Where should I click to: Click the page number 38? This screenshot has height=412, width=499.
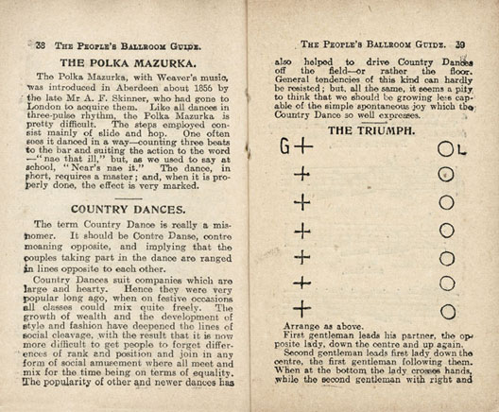click(40, 44)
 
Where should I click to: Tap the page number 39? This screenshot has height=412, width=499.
click(460, 43)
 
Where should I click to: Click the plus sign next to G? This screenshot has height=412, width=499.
click(301, 147)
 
